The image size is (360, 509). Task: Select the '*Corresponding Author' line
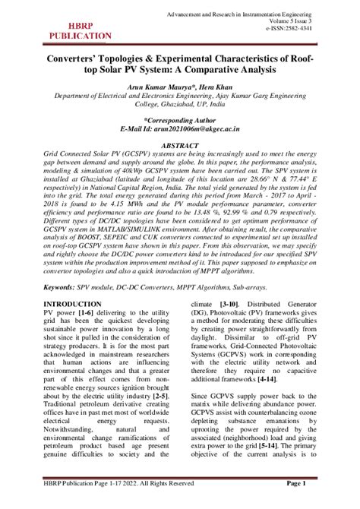point(180,120)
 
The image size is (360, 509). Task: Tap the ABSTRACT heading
point(180,144)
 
